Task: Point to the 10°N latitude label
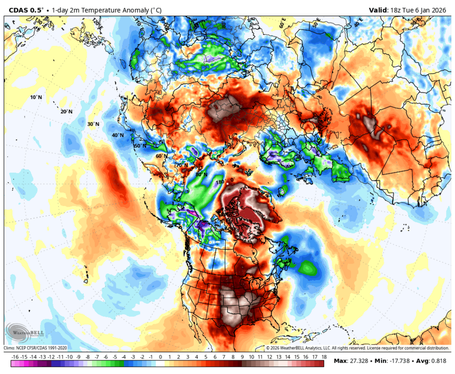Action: tap(36, 97)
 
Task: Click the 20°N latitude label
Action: tap(66, 112)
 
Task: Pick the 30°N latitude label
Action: tap(92, 124)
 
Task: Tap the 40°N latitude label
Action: tap(117, 135)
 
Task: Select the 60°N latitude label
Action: tap(162, 156)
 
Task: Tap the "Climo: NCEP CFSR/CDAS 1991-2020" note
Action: tap(35, 348)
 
